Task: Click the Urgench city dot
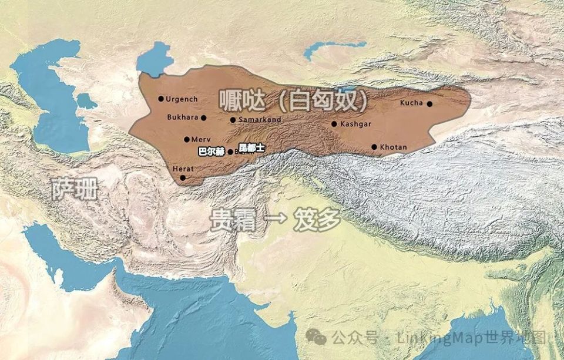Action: point(161,99)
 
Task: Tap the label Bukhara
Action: point(183,117)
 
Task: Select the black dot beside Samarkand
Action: point(233,120)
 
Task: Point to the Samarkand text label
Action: point(260,120)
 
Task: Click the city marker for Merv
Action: point(186,140)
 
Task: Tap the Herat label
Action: point(183,169)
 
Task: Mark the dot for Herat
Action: point(183,177)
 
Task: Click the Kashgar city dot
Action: point(334,124)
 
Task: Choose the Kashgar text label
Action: point(356,124)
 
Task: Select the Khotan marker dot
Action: point(374,147)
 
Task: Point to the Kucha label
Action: point(411,103)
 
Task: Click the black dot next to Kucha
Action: point(429,104)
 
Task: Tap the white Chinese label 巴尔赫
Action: point(211,151)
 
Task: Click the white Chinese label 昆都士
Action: point(251,147)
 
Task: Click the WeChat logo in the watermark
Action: point(317,338)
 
